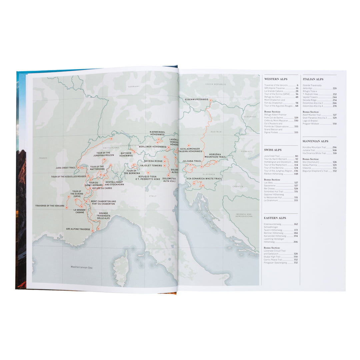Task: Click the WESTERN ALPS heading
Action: [276, 79]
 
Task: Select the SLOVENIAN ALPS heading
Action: [315, 141]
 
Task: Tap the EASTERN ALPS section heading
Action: [275, 218]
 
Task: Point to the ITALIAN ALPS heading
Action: [313, 79]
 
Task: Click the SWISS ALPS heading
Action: [273, 150]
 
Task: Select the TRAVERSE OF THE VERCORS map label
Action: [50, 206]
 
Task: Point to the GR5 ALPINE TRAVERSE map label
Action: [78, 229]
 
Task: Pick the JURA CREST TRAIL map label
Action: [66, 168]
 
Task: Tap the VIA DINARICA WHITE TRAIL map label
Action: [204, 179]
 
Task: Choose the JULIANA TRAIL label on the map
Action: [192, 161]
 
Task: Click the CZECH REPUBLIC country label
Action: [216, 84]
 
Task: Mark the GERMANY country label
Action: [134, 86]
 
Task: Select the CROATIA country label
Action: [238, 186]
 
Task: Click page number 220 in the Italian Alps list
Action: [334, 89]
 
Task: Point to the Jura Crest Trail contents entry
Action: [272, 156]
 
